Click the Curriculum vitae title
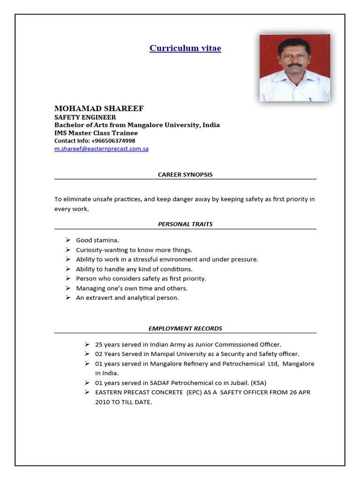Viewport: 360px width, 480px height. click(185, 48)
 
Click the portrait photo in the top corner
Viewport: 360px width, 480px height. click(295, 67)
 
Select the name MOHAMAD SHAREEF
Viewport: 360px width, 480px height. click(99, 109)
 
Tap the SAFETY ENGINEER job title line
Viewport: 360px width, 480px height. click(85, 117)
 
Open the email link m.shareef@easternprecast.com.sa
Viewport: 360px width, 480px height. click(101, 149)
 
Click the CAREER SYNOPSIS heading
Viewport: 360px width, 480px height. click(185, 174)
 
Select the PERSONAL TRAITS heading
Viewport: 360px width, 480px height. click(185, 224)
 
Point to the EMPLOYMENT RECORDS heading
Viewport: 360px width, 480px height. click(185, 329)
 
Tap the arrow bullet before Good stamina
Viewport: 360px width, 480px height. click(68, 240)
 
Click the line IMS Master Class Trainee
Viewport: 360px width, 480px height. click(96, 133)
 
